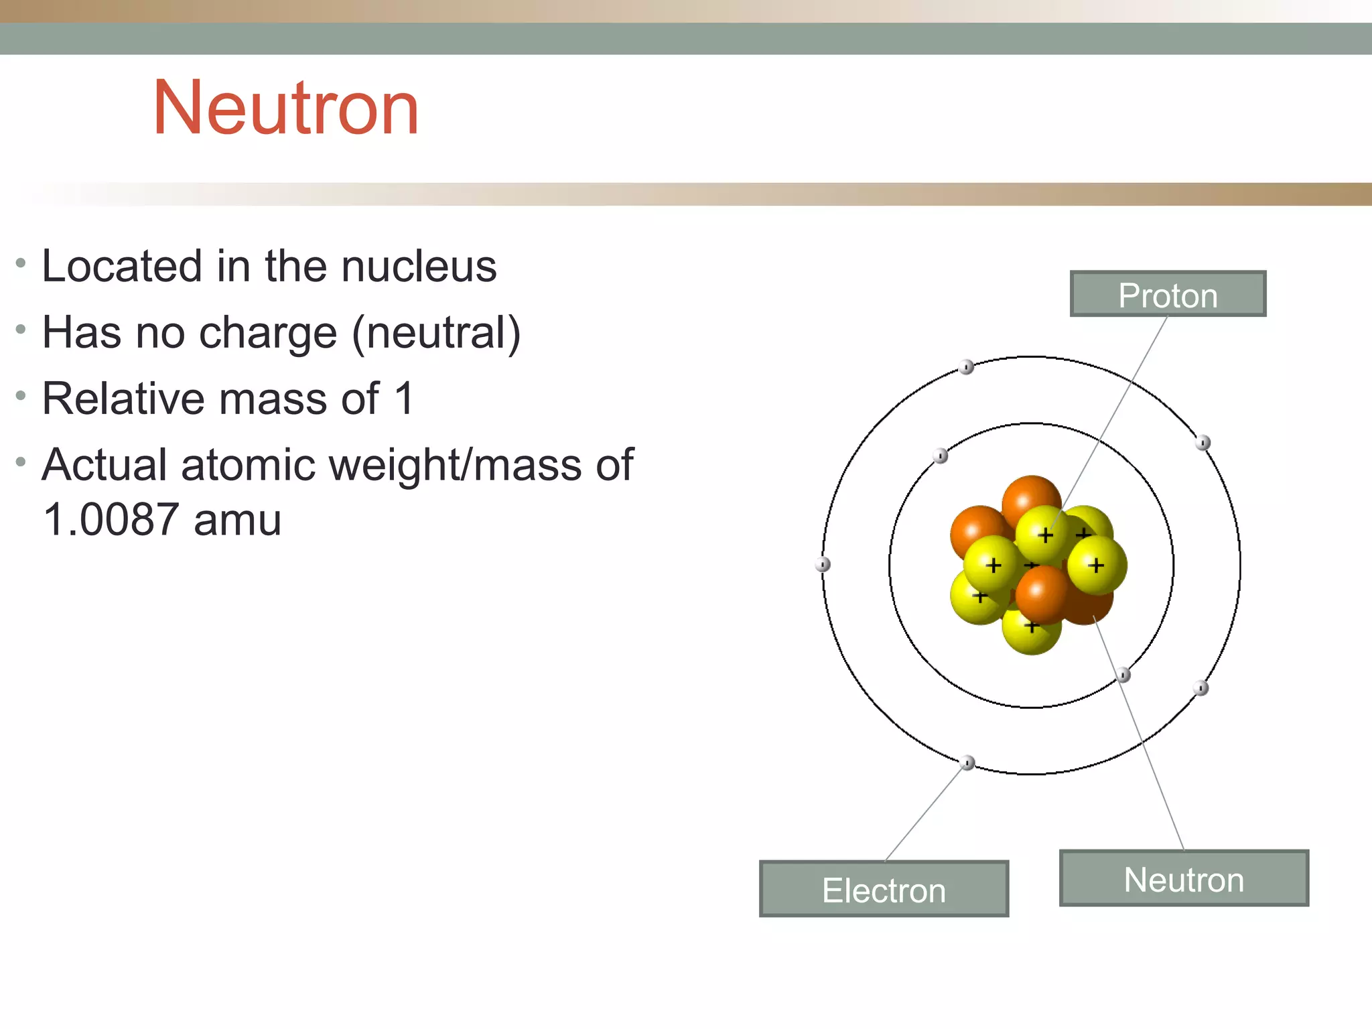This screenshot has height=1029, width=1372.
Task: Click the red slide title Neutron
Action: pyautogui.click(x=286, y=109)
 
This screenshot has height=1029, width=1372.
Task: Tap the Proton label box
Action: pyautogui.click(x=1168, y=294)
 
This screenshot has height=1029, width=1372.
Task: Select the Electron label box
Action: pyautogui.click(x=884, y=889)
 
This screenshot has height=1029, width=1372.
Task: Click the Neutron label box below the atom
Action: pyautogui.click(x=1184, y=878)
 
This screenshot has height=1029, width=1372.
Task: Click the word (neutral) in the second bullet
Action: pyautogui.click(x=436, y=333)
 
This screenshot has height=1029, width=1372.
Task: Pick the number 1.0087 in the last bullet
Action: pyautogui.click(x=111, y=520)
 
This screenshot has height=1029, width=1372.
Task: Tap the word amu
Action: pyautogui.click(x=237, y=520)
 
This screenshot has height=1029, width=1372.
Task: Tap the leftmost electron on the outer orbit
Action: pyautogui.click(x=823, y=565)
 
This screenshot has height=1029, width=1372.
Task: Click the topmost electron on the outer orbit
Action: pyautogui.click(x=966, y=367)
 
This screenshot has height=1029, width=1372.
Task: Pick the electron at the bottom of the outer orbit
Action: pyautogui.click(x=967, y=763)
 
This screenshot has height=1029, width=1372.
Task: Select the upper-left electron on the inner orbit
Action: pyautogui.click(x=941, y=456)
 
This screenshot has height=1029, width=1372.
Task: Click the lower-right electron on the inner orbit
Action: pyautogui.click(x=1123, y=675)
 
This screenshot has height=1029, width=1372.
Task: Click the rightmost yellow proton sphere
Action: pyautogui.click(x=1097, y=565)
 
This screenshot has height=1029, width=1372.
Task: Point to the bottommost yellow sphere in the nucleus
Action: pyautogui.click(x=1031, y=630)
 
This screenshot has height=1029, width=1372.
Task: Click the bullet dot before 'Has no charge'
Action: pyautogui.click(x=21, y=330)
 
